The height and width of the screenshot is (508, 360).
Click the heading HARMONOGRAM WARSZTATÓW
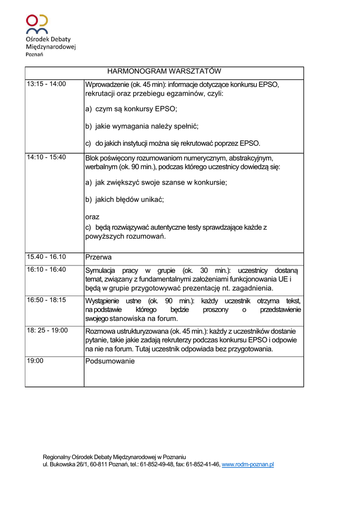pos(164,71)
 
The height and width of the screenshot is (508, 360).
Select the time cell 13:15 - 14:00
pos(46,84)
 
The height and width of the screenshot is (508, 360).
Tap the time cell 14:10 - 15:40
pos(46,157)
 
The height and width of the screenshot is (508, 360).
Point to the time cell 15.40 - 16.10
pos(46,257)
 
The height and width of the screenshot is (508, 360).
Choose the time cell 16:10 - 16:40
pos(46,270)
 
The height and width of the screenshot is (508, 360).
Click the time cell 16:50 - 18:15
pos(46,300)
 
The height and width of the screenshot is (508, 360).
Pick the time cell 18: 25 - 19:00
pos(47,330)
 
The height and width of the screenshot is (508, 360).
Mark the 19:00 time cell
pos(35,361)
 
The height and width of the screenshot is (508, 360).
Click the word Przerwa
pos(98,257)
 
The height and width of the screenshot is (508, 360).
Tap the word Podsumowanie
pos(110,361)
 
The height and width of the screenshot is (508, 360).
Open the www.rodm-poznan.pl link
pos(247,464)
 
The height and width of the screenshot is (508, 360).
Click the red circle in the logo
pos(32,20)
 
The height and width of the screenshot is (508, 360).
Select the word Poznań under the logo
pos(34,54)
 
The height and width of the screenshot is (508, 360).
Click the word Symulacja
pos(100,270)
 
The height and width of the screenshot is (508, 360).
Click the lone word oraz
pos(92,217)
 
